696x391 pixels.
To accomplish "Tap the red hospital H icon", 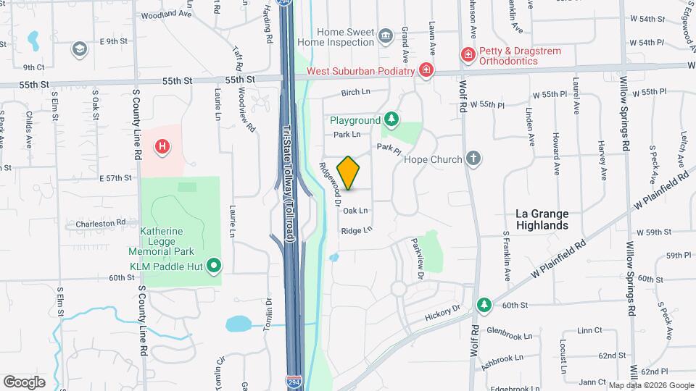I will click(163, 147).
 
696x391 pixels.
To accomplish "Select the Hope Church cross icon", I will click(473, 158).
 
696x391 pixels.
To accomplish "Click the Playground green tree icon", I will click(391, 119).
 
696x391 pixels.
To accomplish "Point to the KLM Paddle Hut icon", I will click(213, 266).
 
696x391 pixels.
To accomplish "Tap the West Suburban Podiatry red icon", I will click(427, 70).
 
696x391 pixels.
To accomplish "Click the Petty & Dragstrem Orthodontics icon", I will click(468, 54).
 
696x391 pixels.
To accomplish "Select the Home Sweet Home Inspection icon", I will click(386, 35).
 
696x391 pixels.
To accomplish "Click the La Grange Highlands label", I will click(542, 219).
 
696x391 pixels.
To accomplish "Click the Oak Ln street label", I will click(355, 211).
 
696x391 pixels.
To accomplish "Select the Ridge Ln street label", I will click(356, 230).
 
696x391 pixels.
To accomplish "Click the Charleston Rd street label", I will click(105, 223).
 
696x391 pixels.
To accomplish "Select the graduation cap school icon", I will click(79, 49).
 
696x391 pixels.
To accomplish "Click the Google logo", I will click(24, 382).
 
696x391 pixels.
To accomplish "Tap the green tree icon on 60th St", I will click(484, 304).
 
